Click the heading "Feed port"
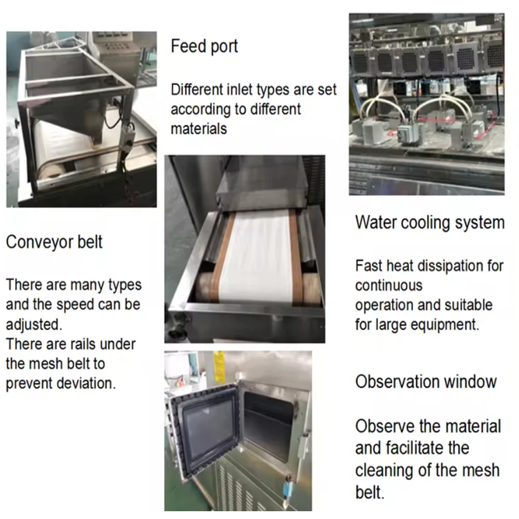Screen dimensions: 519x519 (x=204, y=47)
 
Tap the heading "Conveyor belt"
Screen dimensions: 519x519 (x=54, y=242)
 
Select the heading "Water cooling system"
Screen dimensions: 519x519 (x=430, y=223)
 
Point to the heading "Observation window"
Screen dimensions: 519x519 (x=426, y=381)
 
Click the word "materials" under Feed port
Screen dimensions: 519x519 (x=199, y=128)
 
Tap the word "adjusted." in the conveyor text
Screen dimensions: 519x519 (x=34, y=325)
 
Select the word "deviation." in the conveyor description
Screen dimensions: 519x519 (x=86, y=384)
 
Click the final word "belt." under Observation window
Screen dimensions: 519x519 (x=370, y=492)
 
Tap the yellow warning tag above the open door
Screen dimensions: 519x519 (x=219, y=366)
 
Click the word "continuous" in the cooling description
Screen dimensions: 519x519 (x=389, y=285)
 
